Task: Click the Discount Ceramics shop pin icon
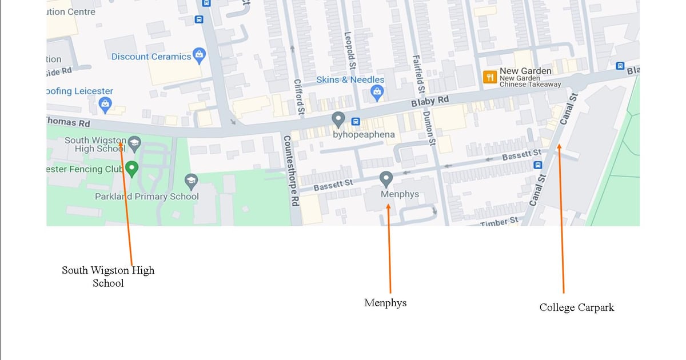coord(199,55)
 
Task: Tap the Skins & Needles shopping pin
coord(377,92)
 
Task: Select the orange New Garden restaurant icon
coord(489,77)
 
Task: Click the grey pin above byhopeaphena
coord(338,119)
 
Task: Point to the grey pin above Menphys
coord(386,179)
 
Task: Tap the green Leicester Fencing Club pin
coord(132,169)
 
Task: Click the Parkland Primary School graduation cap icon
coord(192,182)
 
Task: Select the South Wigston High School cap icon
coord(134,143)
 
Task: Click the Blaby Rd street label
coord(430,102)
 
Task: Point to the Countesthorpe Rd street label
coord(290,170)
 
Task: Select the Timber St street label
coord(498,221)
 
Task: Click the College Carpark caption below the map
coord(576,307)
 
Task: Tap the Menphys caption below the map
coord(385,303)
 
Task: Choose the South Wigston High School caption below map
coord(108,276)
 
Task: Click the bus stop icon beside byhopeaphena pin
coord(356,121)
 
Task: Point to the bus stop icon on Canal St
coord(538,165)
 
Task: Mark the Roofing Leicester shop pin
coord(105,105)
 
